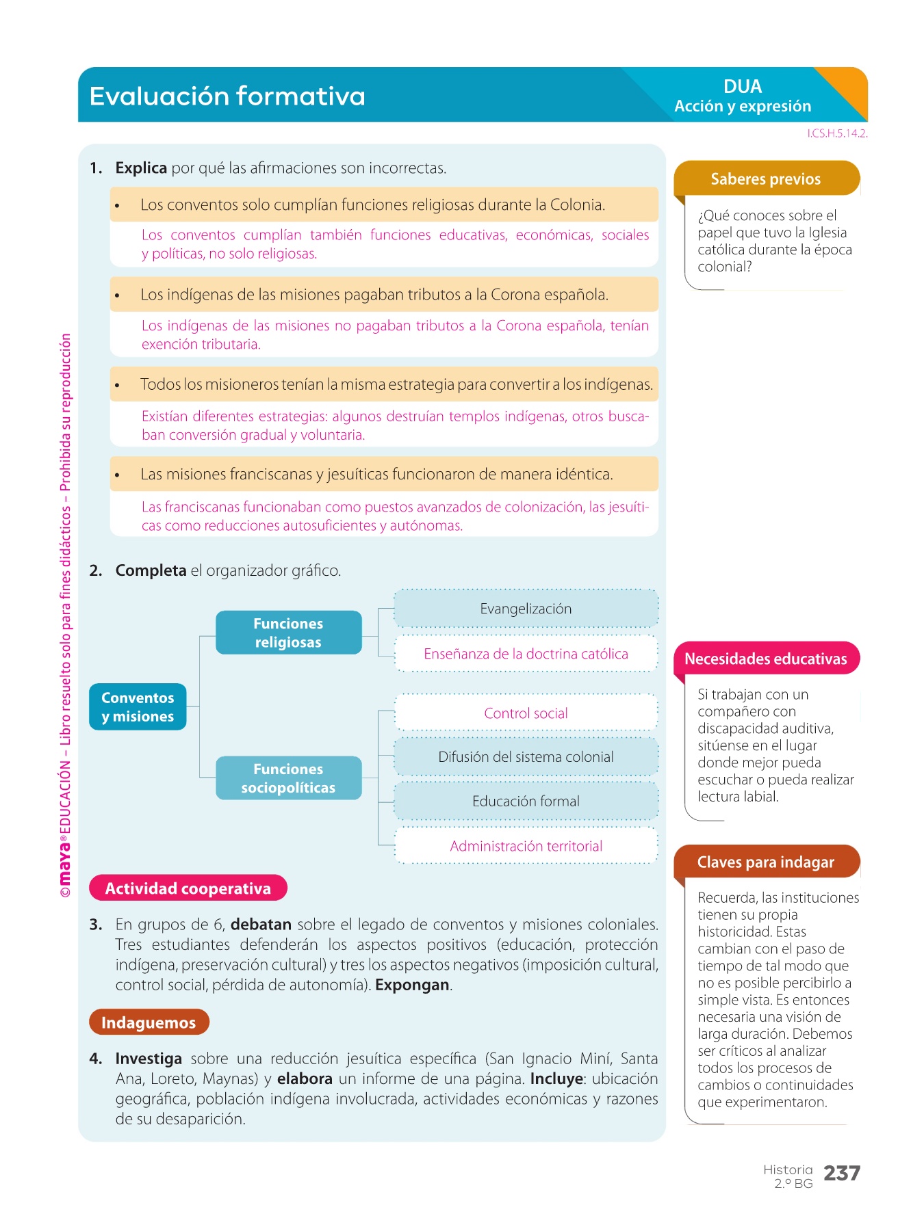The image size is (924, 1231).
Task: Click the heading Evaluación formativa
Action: point(227,96)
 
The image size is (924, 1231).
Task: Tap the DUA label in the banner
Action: point(743,86)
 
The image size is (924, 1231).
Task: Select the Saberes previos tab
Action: point(766,179)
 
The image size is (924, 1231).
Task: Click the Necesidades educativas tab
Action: point(766,659)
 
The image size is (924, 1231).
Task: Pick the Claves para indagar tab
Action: point(766,862)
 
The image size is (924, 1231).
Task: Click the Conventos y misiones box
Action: point(138,707)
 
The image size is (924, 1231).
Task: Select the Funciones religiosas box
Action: point(288,633)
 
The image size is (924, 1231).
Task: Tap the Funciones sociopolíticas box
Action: point(288,778)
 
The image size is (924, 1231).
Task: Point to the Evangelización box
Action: point(526,609)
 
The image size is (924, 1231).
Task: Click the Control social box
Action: point(526,713)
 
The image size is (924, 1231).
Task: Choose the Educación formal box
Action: point(526,801)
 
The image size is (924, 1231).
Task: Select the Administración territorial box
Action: point(526,846)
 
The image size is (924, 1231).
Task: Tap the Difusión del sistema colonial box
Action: point(526,757)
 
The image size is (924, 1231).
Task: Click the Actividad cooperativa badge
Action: point(188,888)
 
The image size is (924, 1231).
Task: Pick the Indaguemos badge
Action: point(149,1022)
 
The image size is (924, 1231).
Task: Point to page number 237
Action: point(842,1174)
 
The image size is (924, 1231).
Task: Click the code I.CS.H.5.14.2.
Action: point(837,133)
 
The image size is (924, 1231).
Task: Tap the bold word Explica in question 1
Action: point(141,168)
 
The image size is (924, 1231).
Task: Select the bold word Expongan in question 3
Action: point(412,985)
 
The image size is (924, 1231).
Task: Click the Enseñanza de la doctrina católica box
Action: point(526,654)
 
